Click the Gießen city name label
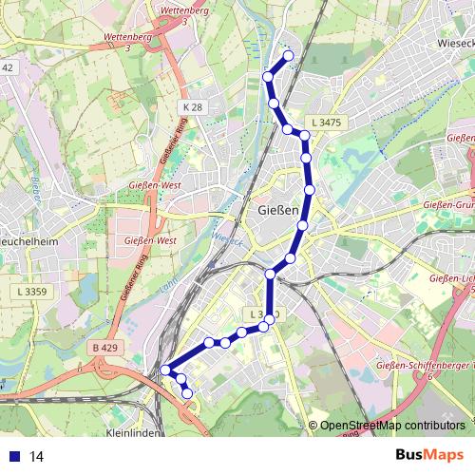[278, 210]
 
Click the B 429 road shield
[104, 349]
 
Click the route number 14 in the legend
[37, 457]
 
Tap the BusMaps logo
[430, 456]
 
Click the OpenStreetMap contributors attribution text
[392, 426]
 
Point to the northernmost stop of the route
[288, 55]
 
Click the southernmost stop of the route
[187, 393]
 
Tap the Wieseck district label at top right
[454, 43]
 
